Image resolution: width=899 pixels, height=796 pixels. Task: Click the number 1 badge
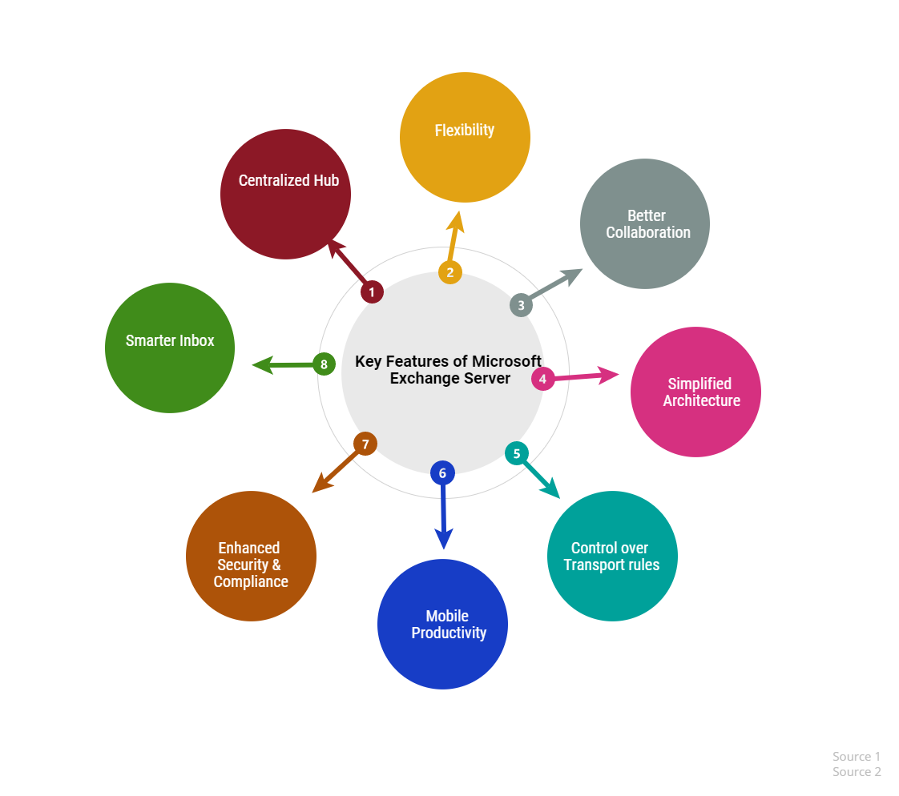point(372,291)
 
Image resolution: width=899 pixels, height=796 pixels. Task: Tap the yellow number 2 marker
point(450,272)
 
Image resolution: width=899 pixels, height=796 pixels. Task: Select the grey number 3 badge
point(521,305)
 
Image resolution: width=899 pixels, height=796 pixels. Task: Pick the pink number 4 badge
point(542,379)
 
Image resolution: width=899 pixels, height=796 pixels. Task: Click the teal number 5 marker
point(517,453)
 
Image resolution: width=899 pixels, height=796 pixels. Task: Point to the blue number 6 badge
point(442,472)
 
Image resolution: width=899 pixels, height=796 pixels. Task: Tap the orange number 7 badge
point(365,444)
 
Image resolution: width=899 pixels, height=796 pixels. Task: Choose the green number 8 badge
point(324,364)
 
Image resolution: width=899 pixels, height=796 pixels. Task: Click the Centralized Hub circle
point(285,195)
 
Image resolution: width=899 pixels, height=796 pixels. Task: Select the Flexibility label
point(465,130)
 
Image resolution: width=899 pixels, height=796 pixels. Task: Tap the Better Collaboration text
point(648,224)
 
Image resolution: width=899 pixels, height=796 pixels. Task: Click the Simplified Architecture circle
point(696,392)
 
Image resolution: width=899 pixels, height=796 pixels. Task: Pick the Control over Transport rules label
point(611,557)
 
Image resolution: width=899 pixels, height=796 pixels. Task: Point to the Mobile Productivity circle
point(442,624)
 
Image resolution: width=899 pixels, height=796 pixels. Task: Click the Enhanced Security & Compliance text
point(251,565)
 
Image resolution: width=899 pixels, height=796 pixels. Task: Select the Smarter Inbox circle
point(170,348)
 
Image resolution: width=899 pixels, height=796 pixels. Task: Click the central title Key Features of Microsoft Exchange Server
point(449,370)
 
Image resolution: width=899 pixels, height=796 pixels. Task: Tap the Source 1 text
point(856,757)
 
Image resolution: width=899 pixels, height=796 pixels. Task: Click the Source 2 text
point(856,772)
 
